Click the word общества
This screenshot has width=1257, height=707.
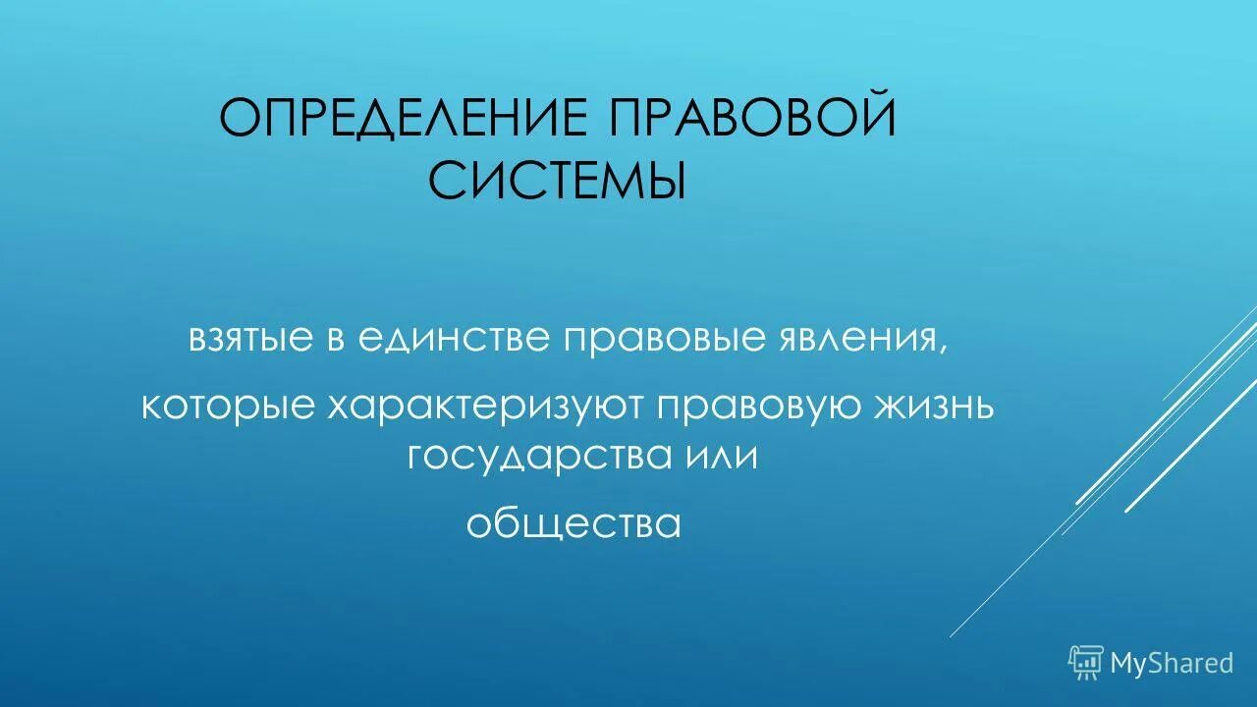coord(574,524)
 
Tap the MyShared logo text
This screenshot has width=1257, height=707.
coord(1172,663)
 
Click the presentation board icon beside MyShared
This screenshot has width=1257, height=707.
coord(1086,663)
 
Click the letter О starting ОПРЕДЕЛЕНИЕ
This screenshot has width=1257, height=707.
coord(239,119)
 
